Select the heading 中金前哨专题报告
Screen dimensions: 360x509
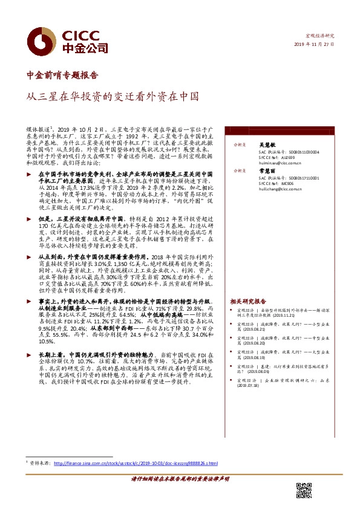[x=63, y=76]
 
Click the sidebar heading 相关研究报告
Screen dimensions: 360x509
[x=248, y=300]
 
